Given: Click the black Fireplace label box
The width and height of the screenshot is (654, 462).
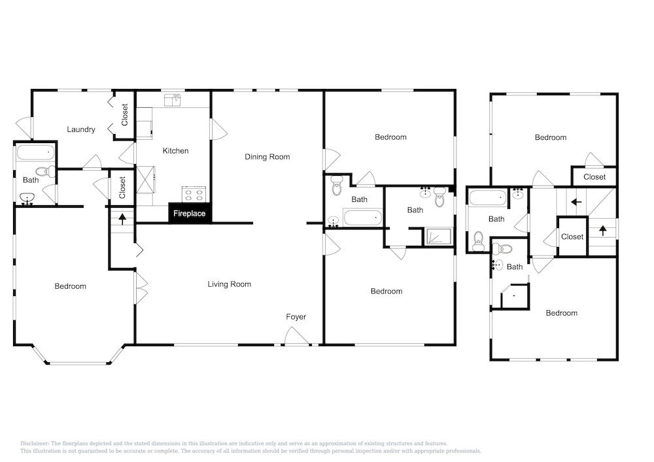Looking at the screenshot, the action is (190, 213).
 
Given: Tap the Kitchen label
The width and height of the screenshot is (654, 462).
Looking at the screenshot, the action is (175, 151).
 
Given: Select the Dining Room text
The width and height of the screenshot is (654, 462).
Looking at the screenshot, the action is (267, 157).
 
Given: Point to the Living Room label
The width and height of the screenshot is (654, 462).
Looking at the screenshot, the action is (230, 284).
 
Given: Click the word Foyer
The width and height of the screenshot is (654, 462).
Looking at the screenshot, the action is (296, 317).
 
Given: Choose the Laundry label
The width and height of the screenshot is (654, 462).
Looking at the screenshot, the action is (81, 129).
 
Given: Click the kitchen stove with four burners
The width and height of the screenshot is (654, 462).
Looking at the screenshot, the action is (194, 193).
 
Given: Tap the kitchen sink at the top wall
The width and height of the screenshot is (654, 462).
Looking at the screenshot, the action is (172, 100).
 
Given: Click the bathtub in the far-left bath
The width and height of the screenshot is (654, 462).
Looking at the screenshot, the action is (35, 152).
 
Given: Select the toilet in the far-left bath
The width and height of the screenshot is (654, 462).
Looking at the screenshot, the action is (46, 171).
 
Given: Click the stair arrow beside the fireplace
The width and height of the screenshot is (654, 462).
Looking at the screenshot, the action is (123, 219).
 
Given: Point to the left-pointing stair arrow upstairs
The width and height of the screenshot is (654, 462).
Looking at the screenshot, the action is (576, 202).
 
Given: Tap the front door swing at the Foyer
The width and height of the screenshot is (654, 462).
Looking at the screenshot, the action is (297, 336).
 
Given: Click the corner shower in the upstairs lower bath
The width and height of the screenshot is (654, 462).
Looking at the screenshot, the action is (515, 296).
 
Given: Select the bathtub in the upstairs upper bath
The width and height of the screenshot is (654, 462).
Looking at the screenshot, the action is (488, 197).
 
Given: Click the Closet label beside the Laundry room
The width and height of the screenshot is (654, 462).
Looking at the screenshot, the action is (125, 114).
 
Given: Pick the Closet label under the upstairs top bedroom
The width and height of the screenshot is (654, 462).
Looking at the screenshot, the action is (594, 177).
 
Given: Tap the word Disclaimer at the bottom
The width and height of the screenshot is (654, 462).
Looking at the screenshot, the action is (34, 444).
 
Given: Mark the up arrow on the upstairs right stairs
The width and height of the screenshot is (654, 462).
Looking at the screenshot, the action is (603, 231).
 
